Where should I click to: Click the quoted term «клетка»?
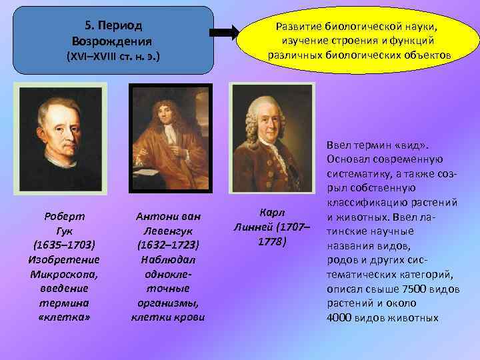[66, 317]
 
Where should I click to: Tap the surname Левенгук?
[168, 230]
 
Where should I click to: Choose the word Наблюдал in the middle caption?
[168, 259]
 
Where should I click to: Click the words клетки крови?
[168, 317]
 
